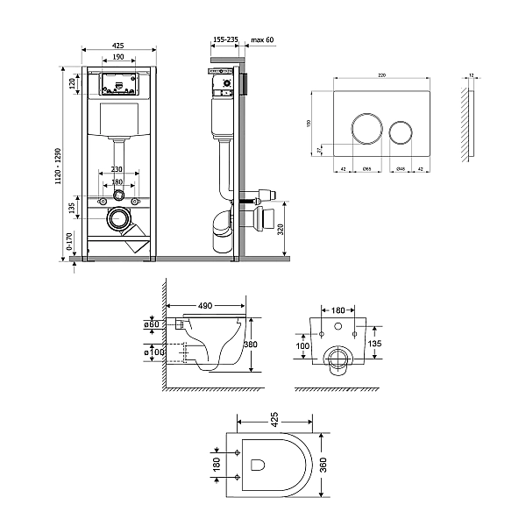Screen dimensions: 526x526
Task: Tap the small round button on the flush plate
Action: click(401, 131)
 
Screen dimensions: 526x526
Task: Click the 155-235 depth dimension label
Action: click(226, 40)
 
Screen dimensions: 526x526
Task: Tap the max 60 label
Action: click(263, 40)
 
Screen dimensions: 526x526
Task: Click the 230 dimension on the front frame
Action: click(117, 169)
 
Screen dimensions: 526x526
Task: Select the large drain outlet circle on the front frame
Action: click(117, 219)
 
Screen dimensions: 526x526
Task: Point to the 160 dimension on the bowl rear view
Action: click(338, 309)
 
